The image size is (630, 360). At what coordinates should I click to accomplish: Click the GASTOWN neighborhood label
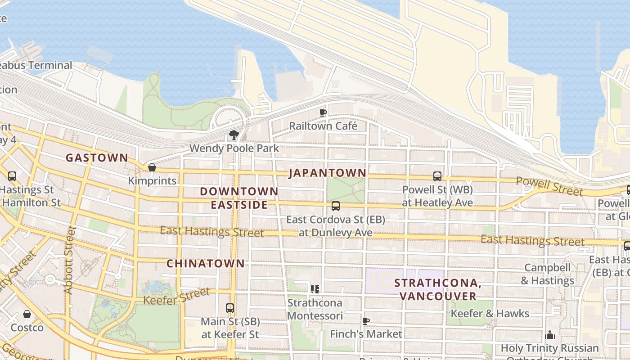pos(97,158)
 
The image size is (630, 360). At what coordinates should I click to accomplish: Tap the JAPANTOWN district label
pos(327,173)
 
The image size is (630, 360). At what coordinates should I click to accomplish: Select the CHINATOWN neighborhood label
pos(206,264)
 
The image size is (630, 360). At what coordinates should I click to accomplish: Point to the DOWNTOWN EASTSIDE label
pos(239,198)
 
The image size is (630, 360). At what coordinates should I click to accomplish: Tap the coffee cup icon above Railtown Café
pos(323,112)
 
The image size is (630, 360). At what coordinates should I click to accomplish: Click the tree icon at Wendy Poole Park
pos(234,135)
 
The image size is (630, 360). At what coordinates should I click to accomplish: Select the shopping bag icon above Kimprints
pos(152,167)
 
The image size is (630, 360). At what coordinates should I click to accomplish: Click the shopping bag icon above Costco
pos(27,314)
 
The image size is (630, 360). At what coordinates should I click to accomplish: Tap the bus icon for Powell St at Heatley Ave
pos(437,176)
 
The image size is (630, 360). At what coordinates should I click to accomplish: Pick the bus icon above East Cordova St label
pos(336,206)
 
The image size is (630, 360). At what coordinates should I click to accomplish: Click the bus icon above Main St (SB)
pos(230,308)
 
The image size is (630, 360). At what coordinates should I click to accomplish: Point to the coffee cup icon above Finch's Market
pos(366,321)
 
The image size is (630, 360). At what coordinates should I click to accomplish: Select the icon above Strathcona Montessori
pos(315,289)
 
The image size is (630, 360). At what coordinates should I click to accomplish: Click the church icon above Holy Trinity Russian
pos(549,335)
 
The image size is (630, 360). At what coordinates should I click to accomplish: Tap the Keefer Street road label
pos(176,296)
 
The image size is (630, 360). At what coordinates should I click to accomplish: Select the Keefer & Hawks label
pos(490,313)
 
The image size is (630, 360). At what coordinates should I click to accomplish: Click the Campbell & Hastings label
pos(547,274)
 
